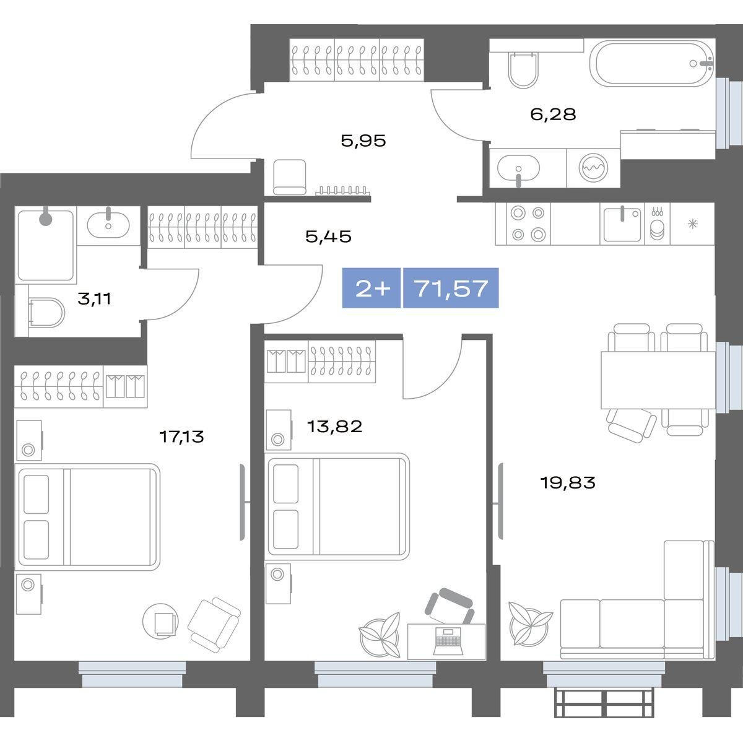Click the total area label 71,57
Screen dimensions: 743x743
pyautogui.click(x=451, y=288)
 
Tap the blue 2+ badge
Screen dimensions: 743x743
pyautogui.click(x=371, y=288)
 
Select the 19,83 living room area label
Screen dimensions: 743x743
pyautogui.click(x=568, y=482)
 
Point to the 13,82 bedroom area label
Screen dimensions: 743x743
pyautogui.click(x=335, y=427)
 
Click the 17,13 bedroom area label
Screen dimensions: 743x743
pyautogui.click(x=181, y=437)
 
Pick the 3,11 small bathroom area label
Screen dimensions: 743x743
pyautogui.click(x=95, y=298)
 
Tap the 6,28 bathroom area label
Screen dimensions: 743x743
pyautogui.click(x=554, y=114)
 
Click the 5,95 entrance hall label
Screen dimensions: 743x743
pyautogui.click(x=363, y=141)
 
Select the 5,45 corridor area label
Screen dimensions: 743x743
pyautogui.click(x=329, y=237)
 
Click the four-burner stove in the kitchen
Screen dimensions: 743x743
pyautogui.click(x=523, y=224)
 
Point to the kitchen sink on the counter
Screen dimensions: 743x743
pyautogui.click(x=622, y=224)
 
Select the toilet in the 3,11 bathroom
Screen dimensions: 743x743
pyautogui.click(x=46, y=312)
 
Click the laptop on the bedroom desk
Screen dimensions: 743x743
pyautogui.click(x=447, y=642)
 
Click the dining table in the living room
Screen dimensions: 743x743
pyautogui.click(x=658, y=380)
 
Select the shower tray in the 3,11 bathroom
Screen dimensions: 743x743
pyautogui.click(x=45, y=245)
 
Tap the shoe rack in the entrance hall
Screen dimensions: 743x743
pyautogui.click(x=342, y=190)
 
